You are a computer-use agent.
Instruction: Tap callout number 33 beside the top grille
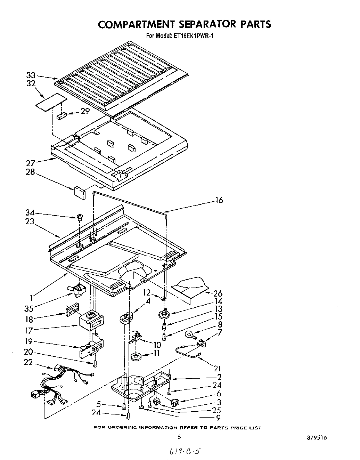[x=31, y=75]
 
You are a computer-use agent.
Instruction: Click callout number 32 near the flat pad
[x=31, y=83]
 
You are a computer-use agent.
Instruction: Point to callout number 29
[x=85, y=111]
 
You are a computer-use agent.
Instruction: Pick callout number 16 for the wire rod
[x=219, y=200]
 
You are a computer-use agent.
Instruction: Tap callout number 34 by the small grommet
[x=30, y=213]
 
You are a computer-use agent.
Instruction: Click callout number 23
[x=30, y=221]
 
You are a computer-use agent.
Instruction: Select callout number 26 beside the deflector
[x=218, y=293]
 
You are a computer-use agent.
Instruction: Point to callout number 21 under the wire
[x=218, y=368]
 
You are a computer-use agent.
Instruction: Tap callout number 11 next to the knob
[x=156, y=353]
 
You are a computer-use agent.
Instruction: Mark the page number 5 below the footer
[x=179, y=437]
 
